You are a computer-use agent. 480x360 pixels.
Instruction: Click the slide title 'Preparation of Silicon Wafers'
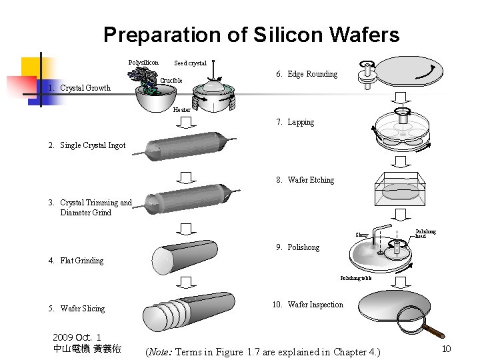(x=251, y=35)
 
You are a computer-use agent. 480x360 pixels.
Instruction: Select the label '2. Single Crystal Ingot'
(x=86, y=145)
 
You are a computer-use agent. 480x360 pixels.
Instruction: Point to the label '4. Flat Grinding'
(x=75, y=261)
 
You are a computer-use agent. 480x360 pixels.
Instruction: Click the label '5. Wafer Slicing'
(x=76, y=309)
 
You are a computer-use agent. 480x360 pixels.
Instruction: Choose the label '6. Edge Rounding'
(x=307, y=74)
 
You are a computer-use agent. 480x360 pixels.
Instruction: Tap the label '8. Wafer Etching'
(x=304, y=180)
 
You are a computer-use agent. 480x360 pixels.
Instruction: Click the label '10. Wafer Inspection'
(x=308, y=305)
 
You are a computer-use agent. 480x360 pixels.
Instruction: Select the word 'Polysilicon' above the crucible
(x=143, y=63)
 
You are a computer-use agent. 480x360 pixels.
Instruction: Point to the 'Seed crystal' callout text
(x=190, y=63)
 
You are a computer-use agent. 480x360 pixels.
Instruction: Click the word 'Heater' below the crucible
(x=181, y=110)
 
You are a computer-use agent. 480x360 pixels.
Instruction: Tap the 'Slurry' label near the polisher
(x=361, y=235)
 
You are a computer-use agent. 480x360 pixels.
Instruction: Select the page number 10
(x=447, y=349)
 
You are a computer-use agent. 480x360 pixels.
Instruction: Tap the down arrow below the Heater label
(x=187, y=121)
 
